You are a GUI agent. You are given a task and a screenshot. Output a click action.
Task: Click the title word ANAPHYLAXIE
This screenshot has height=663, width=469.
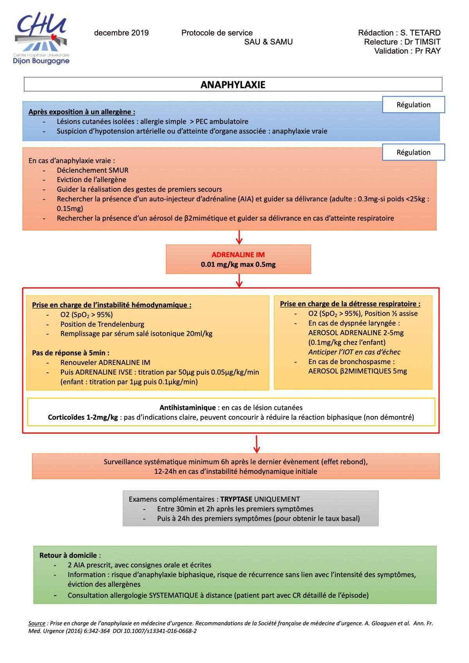point(233,85)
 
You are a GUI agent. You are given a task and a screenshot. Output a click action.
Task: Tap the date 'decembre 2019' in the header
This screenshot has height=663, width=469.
point(121,33)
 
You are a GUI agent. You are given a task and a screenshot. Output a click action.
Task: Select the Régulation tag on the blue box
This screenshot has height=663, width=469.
point(413,105)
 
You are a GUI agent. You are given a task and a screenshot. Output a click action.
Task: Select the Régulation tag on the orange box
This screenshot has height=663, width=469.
point(413,152)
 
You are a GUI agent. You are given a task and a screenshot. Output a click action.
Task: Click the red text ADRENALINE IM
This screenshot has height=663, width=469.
point(238,255)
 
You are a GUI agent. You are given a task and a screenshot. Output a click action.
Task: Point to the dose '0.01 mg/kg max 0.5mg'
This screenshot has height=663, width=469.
point(238,264)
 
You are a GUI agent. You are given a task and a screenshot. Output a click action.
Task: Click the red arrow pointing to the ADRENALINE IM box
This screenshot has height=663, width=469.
point(239,237)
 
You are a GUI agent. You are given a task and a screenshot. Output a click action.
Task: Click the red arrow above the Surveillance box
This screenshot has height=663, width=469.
point(256,444)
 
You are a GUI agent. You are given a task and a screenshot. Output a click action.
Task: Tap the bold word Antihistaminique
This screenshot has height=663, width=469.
point(187,407)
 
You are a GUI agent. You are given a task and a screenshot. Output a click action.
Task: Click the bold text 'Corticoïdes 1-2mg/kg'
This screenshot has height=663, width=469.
point(83,417)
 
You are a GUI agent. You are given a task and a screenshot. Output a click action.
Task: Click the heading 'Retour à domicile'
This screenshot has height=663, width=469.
point(68,555)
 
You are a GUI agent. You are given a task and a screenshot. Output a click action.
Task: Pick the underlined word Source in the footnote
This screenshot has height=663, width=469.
point(37,624)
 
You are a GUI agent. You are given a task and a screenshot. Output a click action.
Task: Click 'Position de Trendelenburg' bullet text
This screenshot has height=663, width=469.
point(102,324)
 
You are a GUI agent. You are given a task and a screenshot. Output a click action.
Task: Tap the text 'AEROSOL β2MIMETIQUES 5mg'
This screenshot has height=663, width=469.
point(357,371)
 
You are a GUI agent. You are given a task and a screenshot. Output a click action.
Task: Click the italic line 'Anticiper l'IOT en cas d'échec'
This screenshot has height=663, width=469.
point(354,352)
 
